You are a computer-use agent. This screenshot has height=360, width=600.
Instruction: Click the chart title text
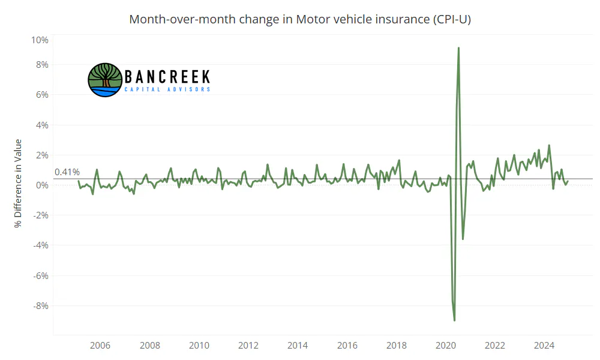300,19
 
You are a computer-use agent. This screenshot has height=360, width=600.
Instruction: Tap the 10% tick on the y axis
40,40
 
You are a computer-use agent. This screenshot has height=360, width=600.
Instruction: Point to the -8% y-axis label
41,306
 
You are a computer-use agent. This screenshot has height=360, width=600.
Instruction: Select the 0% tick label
42,185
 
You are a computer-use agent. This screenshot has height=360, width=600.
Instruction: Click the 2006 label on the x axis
100,346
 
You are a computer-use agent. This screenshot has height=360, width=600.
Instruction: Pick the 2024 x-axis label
544,346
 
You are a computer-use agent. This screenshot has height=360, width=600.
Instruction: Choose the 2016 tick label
347,346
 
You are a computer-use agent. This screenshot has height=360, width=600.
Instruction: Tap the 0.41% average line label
67,172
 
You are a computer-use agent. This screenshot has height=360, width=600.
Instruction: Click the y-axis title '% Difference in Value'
18,183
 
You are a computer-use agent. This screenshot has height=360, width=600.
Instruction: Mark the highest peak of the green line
458,48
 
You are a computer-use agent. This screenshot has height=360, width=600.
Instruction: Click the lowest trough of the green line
454,320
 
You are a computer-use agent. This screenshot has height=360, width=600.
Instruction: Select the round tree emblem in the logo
105,80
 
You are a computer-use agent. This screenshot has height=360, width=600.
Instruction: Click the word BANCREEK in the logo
167,77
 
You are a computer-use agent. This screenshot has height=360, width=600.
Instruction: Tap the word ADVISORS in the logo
188,89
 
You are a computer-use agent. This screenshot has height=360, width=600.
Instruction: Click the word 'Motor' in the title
312,19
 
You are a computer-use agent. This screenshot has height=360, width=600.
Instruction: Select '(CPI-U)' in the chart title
452,19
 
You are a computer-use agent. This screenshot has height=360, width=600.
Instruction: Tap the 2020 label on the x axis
446,346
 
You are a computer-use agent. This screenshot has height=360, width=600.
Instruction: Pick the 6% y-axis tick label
42,95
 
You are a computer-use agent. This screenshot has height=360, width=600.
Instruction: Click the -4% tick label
41,245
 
